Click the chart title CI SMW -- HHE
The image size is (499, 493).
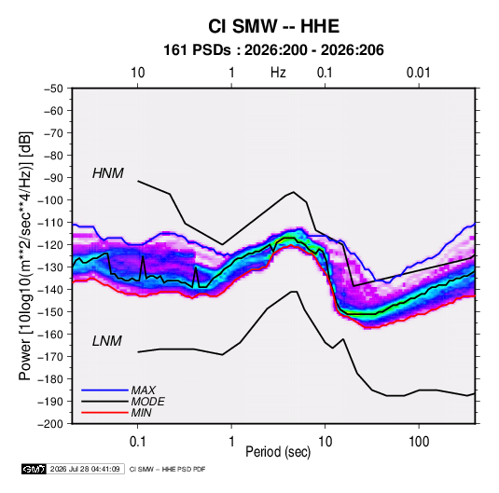[273, 26]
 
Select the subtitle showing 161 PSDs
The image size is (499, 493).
[273, 50]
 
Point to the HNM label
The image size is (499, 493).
[108, 173]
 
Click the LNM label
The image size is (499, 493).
[107, 341]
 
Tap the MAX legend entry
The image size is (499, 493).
[144, 390]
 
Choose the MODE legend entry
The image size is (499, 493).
[147, 402]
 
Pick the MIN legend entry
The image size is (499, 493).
[141, 413]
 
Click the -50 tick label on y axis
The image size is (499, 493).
[53, 89]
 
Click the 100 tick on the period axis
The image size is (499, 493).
[419, 442]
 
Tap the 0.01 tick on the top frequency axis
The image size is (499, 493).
[418, 73]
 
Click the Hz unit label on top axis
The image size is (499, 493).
[278, 73]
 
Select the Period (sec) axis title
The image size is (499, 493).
[278, 452]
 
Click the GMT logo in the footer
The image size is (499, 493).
[34, 469]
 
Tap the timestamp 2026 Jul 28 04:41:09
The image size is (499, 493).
[85, 469]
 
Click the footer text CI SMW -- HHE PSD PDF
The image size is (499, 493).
[167, 469]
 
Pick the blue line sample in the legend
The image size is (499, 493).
[104, 390]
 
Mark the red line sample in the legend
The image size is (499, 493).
[104, 413]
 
